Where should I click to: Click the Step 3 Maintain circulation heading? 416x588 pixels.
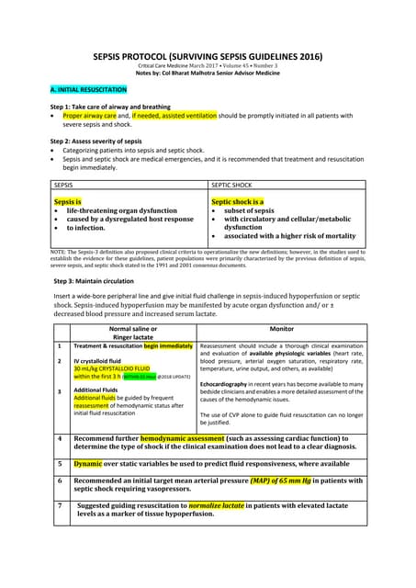pos(95,278)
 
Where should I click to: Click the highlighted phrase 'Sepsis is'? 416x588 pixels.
pos(68,200)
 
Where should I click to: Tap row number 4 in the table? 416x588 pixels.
pos(59,439)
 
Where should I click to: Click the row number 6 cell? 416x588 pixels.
pos(59,481)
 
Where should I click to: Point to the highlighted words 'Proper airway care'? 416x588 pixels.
pos(90,118)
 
